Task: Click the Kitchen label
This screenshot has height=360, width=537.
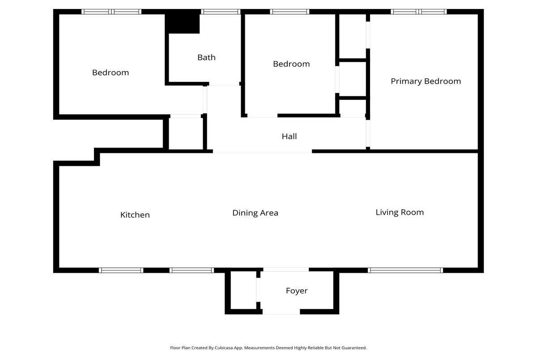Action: [135, 215]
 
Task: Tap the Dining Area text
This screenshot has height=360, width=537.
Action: [256, 213]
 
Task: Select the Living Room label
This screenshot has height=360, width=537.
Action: [400, 212]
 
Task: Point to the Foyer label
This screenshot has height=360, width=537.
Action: [297, 291]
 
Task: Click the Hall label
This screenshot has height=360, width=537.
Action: [290, 136]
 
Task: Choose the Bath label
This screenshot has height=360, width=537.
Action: [206, 58]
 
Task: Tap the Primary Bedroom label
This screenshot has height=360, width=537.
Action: [426, 81]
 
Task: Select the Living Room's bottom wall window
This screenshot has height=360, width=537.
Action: [405, 271]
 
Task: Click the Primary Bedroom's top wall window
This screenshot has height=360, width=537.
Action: [419, 12]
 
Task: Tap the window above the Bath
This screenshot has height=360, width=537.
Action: [221, 12]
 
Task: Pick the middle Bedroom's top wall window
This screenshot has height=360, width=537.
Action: [290, 12]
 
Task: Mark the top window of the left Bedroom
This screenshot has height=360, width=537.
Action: [111, 12]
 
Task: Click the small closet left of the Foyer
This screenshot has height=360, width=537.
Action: [243, 290]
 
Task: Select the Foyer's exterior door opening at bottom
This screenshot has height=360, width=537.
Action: [281, 312]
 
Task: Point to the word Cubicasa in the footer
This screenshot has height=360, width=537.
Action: [224, 348]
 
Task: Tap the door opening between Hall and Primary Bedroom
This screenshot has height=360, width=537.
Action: [368, 133]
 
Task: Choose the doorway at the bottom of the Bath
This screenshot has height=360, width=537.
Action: [224, 84]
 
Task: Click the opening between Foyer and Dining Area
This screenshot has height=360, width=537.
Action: [286, 270]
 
